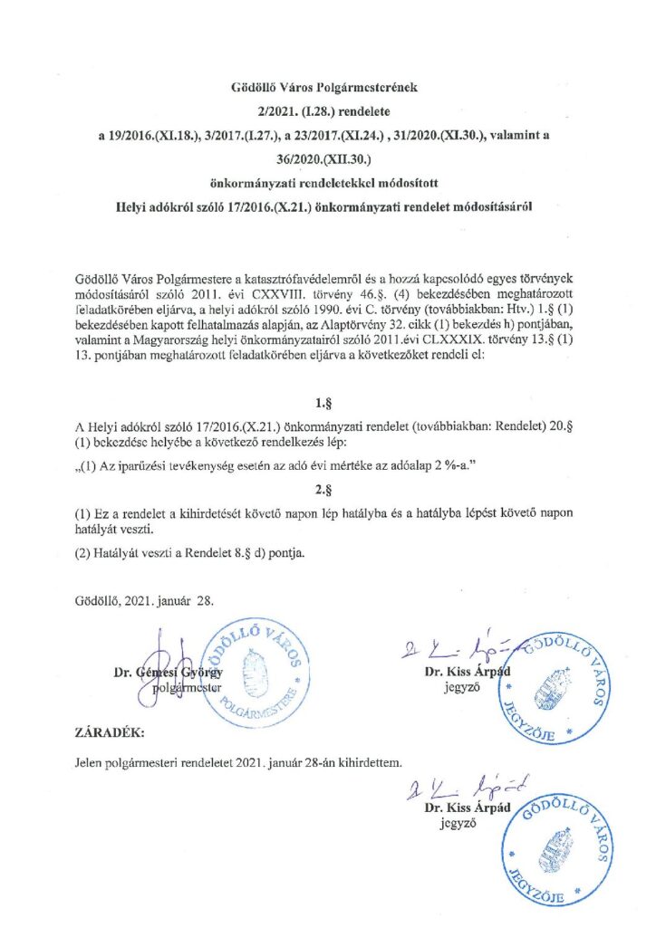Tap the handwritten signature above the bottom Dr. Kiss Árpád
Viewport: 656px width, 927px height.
coord(453,789)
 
